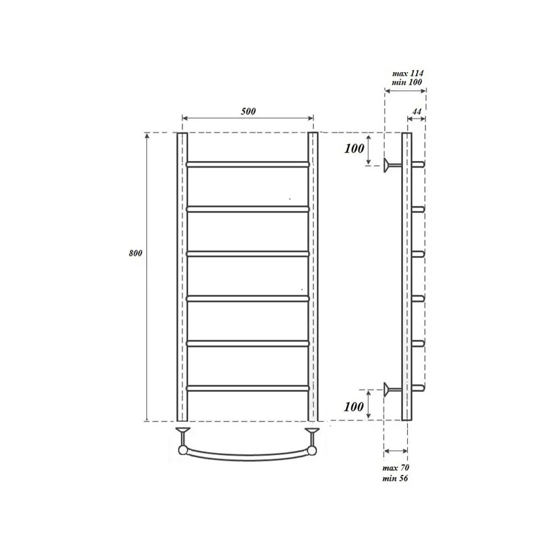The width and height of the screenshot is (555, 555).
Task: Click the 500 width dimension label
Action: pos(247,111)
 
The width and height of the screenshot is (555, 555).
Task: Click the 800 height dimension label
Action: pos(135,253)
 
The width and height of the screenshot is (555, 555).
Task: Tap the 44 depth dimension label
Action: pos(417,111)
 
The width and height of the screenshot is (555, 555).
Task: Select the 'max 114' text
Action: pos(408,74)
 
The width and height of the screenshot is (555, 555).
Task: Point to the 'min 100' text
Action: pos(408,83)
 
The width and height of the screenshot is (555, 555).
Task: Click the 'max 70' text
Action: pos(395,468)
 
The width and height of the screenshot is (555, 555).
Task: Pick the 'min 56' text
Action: pos(395,479)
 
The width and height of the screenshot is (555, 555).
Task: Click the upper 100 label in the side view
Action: pos(354,149)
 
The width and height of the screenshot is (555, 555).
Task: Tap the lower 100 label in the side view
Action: pos(354,406)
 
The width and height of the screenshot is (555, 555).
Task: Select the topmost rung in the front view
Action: pos(247,165)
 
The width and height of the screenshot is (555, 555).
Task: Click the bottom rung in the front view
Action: pos(247,388)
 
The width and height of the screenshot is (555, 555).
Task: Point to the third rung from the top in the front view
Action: pos(247,254)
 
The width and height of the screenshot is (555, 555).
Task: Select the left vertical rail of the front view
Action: pos(182,277)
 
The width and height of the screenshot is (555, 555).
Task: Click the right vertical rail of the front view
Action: pos(313,277)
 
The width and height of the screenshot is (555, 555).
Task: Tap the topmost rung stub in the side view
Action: pos(418,164)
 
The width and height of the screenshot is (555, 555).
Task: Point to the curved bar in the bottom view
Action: pos(247,456)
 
